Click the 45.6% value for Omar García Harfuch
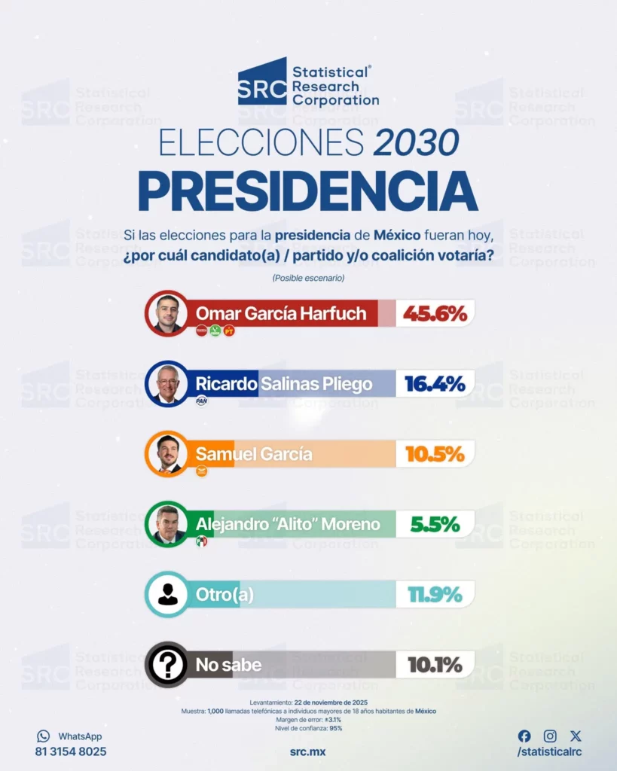tap(435, 313)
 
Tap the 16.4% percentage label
tap(435, 384)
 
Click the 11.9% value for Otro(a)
tap(435, 595)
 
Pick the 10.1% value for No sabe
tap(435, 665)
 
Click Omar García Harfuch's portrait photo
tap(166, 313)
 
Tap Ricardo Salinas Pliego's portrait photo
tap(166, 384)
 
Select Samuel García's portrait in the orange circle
tap(166, 454)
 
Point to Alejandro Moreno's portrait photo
tap(166, 524)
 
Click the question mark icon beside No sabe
tap(166, 665)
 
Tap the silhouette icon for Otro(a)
tap(166, 595)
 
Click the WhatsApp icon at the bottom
tap(43, 736)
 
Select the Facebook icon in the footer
tap(524, 736)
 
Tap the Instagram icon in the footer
tap(550, 736)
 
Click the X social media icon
tap(576, 736)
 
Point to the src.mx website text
tap(307, 752)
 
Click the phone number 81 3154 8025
tap(71, 751)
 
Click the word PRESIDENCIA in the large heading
tap(308, 191)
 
